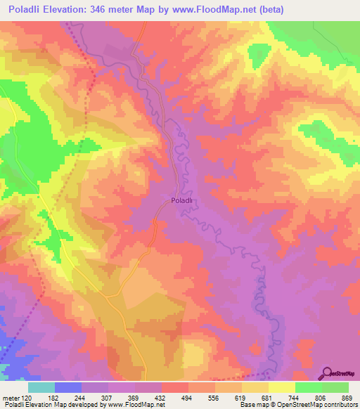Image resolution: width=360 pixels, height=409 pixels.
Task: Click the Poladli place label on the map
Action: (x=181, y=200)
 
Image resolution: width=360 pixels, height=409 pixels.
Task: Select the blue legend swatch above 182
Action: (x=67, y=387)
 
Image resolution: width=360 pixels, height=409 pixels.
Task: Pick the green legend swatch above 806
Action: (x=308, y=387)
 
